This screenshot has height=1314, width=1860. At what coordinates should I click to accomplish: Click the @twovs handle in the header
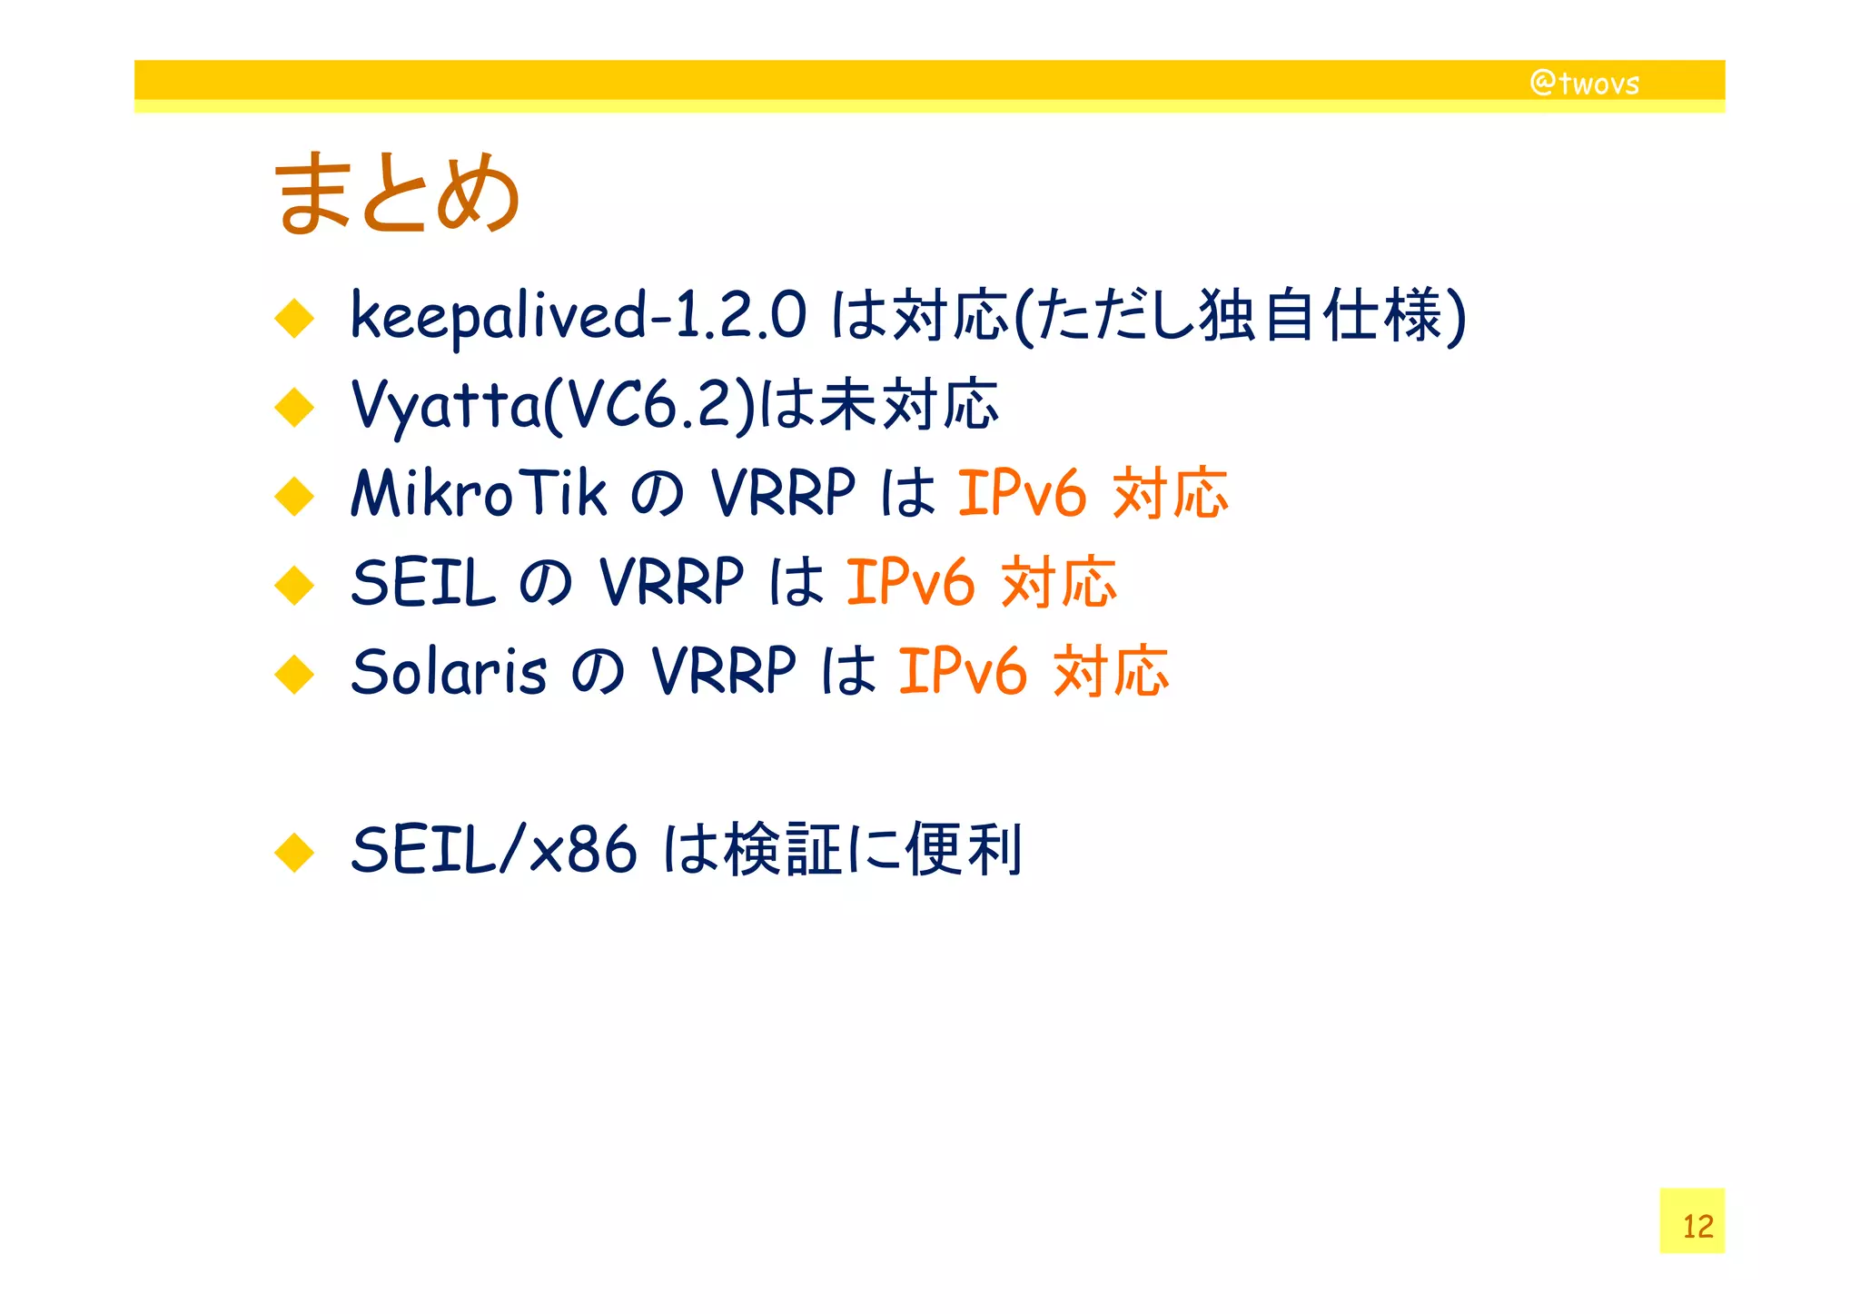[1585, 83]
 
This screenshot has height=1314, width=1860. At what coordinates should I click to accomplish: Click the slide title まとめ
[397, 193]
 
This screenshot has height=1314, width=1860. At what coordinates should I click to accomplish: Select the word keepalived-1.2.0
[578, 315]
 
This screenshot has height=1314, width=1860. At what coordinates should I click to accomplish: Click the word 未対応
[908, 404]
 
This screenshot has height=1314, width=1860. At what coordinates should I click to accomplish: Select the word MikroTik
[479, 493]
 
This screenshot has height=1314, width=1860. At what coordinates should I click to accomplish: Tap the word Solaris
[449, 671]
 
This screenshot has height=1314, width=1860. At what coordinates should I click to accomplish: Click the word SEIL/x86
[493, 850]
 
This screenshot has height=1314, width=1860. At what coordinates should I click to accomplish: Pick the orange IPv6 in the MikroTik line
[1022, 493]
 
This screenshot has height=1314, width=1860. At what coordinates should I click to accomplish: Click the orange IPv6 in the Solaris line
[963, 671]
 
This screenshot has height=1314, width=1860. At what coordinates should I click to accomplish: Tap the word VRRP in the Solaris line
[724, 671]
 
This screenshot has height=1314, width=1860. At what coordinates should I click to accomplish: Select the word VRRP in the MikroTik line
[783, 493]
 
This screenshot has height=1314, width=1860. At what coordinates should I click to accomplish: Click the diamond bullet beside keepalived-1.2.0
[294, 319]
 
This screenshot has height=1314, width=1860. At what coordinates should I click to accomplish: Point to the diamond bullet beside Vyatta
[294, 408]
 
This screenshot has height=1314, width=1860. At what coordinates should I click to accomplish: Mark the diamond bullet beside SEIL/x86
[294, 853]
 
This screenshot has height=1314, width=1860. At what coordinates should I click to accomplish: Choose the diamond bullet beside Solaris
[294, 675]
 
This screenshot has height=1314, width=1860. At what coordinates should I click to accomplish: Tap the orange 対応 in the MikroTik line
[1170, 493]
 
